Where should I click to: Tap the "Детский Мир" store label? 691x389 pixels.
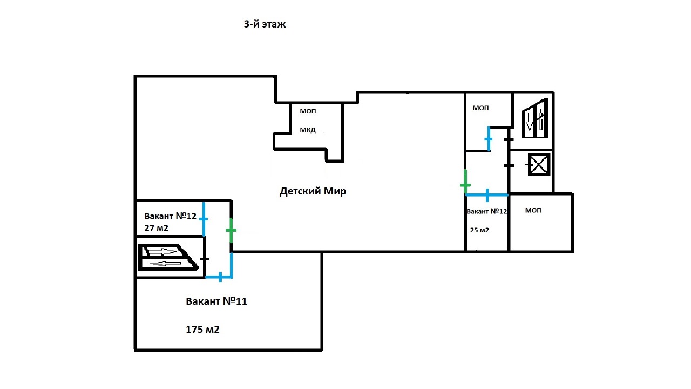click(313, 191)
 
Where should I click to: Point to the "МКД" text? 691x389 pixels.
click(308, 130)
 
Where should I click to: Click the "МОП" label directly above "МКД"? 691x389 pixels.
click(308, 111)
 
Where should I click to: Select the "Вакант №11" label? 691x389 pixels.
click(216, 301)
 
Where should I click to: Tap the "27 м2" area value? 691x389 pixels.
click(157, 228)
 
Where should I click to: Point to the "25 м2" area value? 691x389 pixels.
click(479, 230)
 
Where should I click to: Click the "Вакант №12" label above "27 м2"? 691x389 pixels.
click(170, 216)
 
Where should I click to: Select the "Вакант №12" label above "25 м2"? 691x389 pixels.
click(487, 211)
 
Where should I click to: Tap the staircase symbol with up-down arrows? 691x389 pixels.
click(535, 118)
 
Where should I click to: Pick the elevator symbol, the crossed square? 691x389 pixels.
click(538, 165)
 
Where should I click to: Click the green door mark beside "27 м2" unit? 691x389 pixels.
click(231, 231)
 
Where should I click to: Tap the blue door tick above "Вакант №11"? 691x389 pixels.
click(220, 278)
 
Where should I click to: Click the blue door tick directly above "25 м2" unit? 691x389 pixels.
click(487, 195)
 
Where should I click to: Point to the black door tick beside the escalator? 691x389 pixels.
click(205, 259)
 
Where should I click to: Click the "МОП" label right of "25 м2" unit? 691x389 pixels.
click(533, 210)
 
